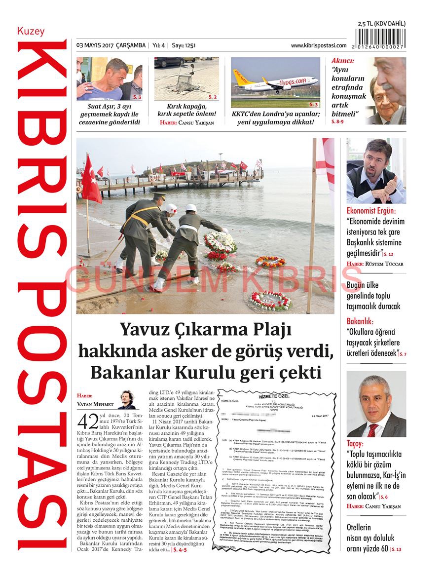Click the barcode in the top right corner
tap(380, 39)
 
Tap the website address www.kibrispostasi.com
tap(319, 45)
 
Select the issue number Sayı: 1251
tap(184, 45)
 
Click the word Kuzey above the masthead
tap(31, 32)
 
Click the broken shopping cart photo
tap(186, 79)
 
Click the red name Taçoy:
tap(355, 444)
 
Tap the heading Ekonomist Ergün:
tap(371, 210)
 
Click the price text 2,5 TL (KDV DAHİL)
tap(381, 23)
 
